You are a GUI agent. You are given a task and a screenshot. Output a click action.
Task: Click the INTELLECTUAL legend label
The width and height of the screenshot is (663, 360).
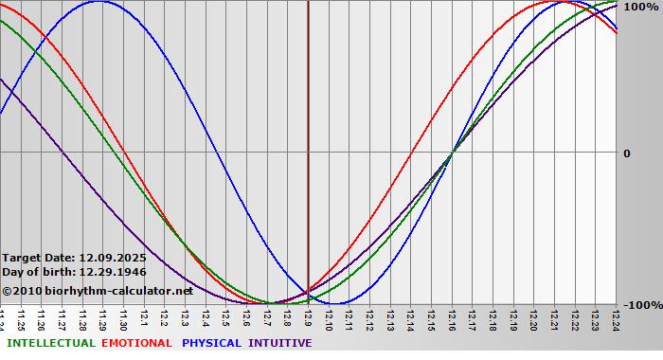50,343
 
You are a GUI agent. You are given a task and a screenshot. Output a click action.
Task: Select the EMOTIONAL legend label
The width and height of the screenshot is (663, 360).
136,343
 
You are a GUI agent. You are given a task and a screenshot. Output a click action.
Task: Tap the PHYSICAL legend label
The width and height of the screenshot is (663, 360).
212,343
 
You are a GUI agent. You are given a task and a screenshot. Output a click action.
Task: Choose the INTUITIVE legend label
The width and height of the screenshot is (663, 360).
279,343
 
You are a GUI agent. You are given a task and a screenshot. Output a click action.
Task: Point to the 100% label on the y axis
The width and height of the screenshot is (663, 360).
639,7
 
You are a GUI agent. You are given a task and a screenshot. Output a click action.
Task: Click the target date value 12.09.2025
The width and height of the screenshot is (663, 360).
112,258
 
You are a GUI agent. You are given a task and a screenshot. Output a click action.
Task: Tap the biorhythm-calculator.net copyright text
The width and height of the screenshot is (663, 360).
98,291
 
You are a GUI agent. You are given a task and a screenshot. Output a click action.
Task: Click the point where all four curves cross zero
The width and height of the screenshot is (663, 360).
452,152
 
